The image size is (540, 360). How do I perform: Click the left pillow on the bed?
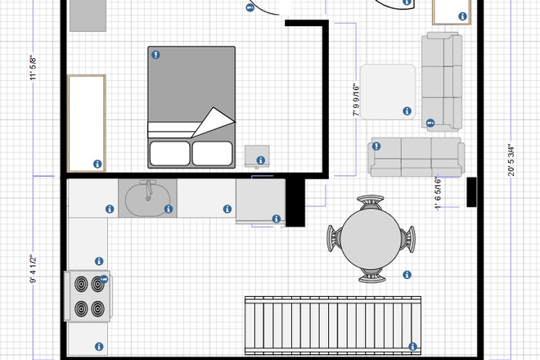coord(169,153)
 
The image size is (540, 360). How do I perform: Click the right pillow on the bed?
coord(212,153)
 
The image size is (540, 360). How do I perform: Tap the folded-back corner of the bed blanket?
coord(212,121)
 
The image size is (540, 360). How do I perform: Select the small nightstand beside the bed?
coord(258,155)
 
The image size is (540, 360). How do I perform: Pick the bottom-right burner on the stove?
coord(99,309)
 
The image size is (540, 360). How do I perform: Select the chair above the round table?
coord(372,200)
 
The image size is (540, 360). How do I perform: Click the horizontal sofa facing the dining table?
coord(416,156)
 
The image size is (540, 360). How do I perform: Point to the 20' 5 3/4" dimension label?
coord(512,155)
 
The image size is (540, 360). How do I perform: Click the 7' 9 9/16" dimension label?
coord(357,99)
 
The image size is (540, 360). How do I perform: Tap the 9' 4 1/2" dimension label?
coord(34,269)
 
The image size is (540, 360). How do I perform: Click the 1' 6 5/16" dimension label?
coord(439,194)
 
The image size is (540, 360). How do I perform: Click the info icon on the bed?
coord(155,56)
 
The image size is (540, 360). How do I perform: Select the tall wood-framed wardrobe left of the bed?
coord(86,123)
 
